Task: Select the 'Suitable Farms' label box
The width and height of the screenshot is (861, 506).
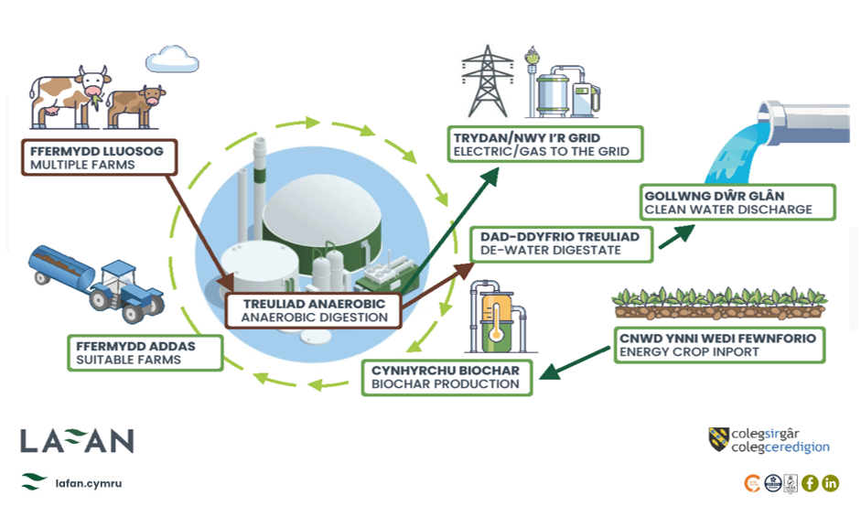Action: [145, 352]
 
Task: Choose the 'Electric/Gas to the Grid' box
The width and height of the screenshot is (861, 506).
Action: [546, 144]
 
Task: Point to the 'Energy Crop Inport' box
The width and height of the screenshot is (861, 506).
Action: [716, 345]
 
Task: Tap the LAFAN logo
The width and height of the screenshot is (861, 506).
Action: [77, 440]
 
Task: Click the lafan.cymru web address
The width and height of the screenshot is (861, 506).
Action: [88, 482]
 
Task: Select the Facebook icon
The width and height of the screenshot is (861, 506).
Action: [810, 483]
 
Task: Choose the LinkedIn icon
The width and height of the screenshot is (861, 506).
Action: [831, 483]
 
